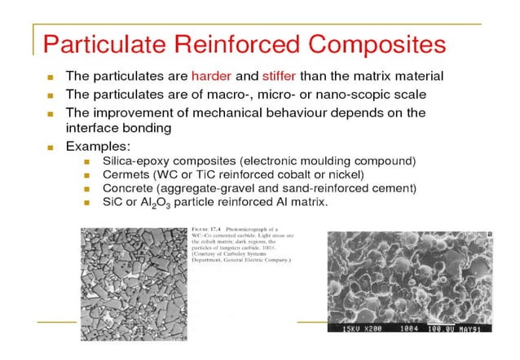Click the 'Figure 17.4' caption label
[201, 230]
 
